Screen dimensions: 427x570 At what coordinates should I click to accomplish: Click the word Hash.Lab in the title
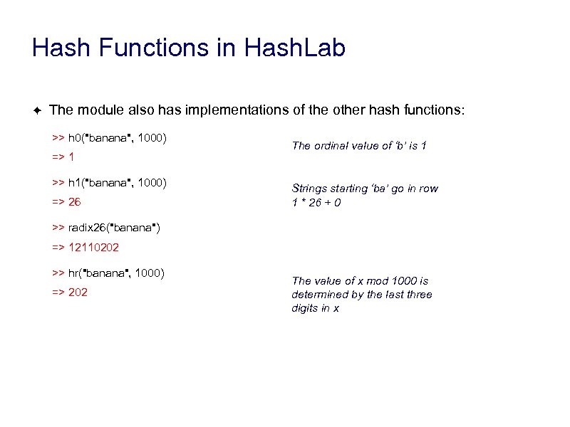pyautogui.click(x=294, y=48)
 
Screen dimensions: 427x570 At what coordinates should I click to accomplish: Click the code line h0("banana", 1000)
pyautogui.click(x=109, y=136)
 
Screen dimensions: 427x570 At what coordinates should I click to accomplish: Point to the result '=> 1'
pyautogui.click(x=63, y=156)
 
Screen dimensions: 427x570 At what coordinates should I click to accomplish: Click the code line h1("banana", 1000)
pyautogui.click(x=109, y=183)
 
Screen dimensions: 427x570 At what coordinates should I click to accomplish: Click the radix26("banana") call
pyautogui.click(x=105, y=228)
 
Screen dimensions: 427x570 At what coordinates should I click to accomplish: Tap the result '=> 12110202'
pyautogui.click(x=85, y=248)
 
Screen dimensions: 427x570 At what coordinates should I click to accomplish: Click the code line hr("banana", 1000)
pyautogui.click(x=108, y=273)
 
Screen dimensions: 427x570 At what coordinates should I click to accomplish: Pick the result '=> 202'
pyautogui.click(x=69, y=292)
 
